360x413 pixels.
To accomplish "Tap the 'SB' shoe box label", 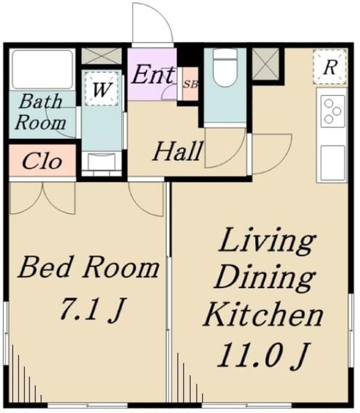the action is coord(191,85).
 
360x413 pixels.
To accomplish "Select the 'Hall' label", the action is coord(178,151).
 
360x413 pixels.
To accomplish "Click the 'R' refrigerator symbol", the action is coord(329,67).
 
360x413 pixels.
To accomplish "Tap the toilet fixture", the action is coord(225,68).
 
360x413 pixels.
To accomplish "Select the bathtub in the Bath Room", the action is coord(43,70).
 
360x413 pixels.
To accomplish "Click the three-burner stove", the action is coord(332,111).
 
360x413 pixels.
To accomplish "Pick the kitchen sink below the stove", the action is coord(332,163).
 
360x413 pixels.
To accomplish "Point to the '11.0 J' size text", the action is coord(263,355).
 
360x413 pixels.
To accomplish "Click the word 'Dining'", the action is coord(265,278).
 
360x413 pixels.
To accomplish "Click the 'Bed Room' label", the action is coord(89,268).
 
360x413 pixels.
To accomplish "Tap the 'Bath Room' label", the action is coord(40,111).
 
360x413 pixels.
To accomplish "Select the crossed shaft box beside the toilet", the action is coord(265,64).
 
